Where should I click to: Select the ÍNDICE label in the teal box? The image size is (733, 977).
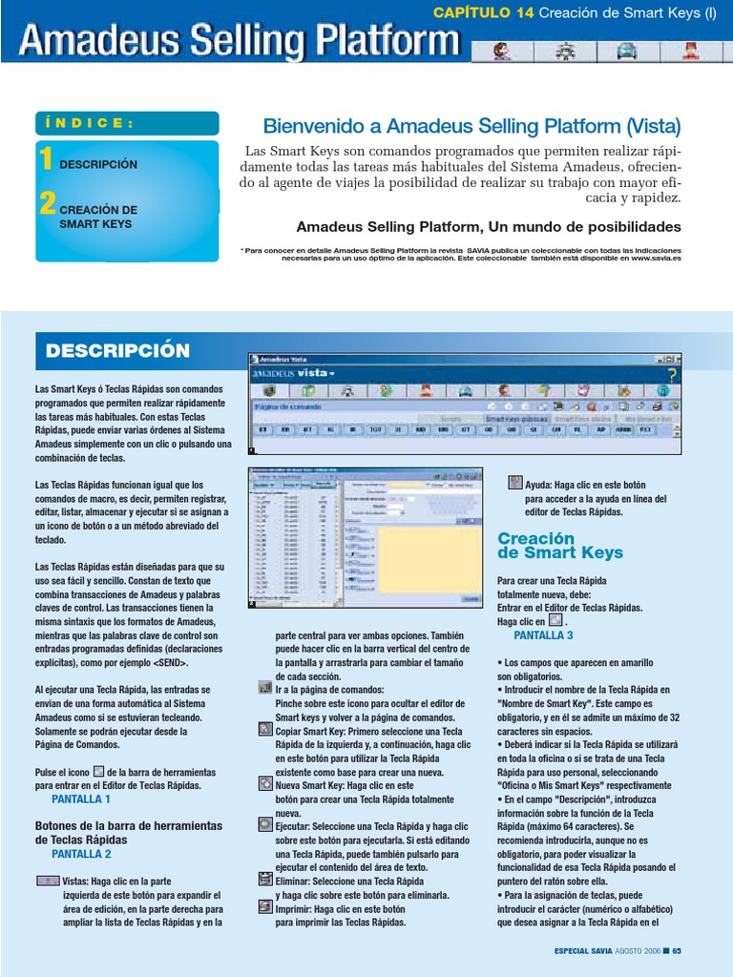point(90,123)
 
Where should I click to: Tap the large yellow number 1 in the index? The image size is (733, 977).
point(46,158)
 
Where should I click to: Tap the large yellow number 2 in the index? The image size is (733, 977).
point(47,203)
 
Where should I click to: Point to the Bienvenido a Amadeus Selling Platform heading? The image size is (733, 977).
point(471,127)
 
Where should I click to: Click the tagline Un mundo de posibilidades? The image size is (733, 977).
point(489,227)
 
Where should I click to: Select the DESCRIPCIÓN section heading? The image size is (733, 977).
point(117,351)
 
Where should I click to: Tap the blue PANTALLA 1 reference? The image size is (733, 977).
point(81,799)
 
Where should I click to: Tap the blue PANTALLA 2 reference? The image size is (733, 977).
point(81,854)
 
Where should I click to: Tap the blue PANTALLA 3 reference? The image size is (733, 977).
point(543,634)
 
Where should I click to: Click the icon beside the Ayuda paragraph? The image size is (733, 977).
point(515,483)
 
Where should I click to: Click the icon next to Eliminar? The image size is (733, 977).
point(265,880)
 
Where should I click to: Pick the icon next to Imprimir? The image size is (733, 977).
point(265,907)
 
